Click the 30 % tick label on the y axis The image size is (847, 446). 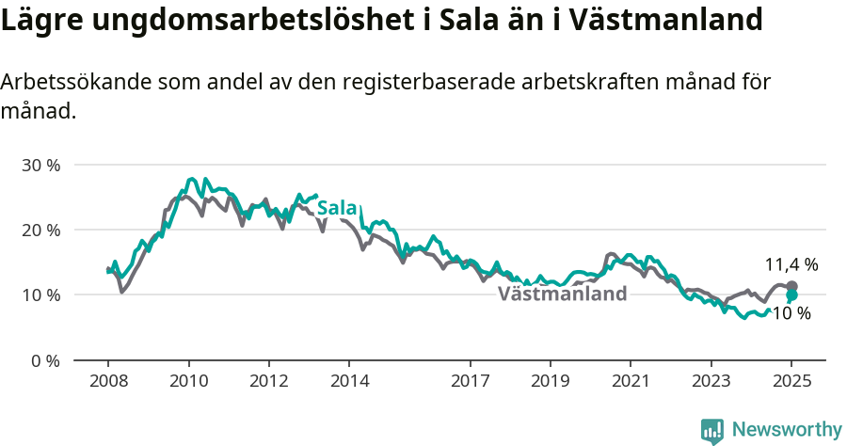(40, 165)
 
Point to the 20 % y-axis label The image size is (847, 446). (40, 230)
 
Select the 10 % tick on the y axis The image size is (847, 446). (40, 295)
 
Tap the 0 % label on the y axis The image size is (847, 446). (45, 360)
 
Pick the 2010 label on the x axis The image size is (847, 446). (188, 381)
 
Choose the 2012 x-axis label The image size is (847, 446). (268, 381)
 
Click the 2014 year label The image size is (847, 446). (348, 381)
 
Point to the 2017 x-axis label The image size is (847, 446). (470, 381)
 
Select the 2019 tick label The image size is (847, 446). (550, 381)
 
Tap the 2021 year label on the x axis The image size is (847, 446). (631, 381)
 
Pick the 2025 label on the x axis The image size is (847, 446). (791, 381)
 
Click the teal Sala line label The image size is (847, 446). (337, 208)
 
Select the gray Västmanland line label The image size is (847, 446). (562, 294)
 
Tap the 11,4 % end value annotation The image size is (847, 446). (791, 264)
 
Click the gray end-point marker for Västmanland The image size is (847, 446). (791, 286)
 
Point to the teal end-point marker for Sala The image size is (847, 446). (791, 295)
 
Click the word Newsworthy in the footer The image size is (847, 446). (787, 429)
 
